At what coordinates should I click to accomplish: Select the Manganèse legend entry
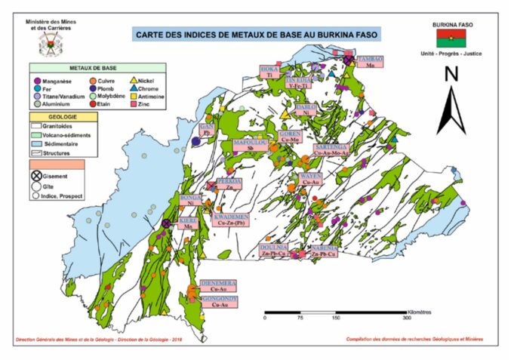(x=55, y=80)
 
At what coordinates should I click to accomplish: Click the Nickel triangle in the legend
(x=134, y=80)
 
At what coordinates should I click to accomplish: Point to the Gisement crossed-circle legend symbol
(x=37, y=176)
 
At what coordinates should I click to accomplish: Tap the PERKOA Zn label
(x=229, y=185)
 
